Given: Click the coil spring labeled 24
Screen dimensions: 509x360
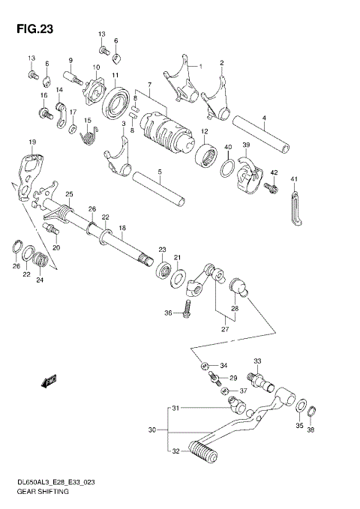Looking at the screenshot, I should click(x=43, y=261).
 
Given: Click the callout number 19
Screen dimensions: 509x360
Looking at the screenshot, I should click(x=32, y=142).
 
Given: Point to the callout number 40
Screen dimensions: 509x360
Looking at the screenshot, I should click(x=228, y=147).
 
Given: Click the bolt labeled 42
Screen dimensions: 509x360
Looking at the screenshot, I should click(x=272, y=185).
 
